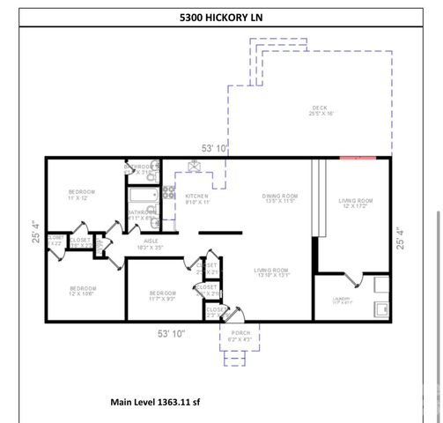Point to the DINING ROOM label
(x=280, y=198)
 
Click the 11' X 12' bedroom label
(x=82, y=195)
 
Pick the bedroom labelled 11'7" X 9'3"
(x=163, y=296)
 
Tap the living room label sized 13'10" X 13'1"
(x=271, y=273)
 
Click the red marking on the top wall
(x=358, y=158)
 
